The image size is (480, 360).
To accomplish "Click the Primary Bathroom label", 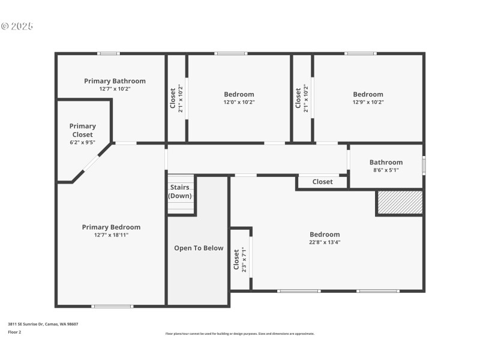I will point(115,81).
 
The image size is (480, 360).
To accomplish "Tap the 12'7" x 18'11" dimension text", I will point(111,235).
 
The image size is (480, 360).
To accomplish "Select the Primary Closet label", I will point(83,130).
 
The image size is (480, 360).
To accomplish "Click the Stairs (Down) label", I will point(180,191).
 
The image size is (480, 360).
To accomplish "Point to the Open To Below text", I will point(199,248).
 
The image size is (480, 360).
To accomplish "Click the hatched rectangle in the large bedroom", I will point(400,202).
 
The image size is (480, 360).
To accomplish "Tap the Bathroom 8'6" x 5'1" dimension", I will point(386,170).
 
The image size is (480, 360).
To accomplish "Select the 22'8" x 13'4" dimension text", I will point(325,242).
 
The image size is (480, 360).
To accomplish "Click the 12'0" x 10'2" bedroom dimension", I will point(239,102).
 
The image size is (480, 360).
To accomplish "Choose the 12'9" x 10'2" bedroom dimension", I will point(368,102).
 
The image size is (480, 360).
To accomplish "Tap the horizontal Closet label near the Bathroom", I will point(322,182).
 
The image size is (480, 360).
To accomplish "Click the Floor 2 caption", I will point(14,332).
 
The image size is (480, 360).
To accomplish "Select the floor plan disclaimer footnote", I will point(239,334).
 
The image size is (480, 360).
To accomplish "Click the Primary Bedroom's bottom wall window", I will point(112,306).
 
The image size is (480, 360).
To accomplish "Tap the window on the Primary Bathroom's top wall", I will point(109,53).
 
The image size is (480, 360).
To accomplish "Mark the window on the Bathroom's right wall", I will point(424,165).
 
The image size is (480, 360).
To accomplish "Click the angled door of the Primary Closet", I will point(91,163).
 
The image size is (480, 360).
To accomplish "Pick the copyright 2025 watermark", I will point(17,26).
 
